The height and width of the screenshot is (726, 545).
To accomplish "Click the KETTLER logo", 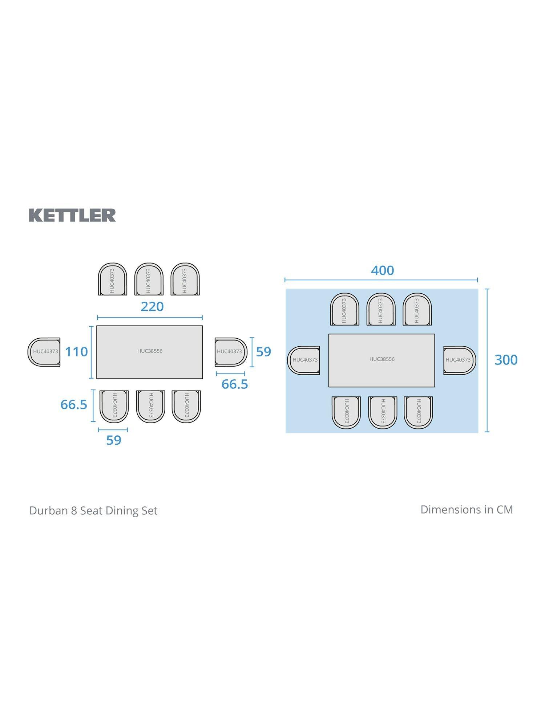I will (x=72, y=215).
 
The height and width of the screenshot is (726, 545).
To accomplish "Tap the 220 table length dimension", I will (x=152, y=307).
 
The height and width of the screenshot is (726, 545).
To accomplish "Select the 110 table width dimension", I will (x=76, y=351).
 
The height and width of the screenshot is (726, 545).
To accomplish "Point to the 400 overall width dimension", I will (x=382, y=270).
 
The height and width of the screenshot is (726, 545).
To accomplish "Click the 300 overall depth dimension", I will (x=506, y=360).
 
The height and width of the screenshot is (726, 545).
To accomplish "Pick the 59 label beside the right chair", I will (x=263, y=352).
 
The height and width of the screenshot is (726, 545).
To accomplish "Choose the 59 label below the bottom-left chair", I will (x=113, y=440).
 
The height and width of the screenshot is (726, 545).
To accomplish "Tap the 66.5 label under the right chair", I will (x=235, y=384).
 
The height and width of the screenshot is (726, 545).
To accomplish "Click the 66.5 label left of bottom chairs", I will (x=74, y=404).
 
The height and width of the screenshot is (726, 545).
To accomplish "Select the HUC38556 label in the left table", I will (x=150, y=351).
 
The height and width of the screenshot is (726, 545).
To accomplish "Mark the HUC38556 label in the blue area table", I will (x=382, y=359).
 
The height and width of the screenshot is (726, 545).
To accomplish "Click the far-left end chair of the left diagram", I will (x=44, y=352).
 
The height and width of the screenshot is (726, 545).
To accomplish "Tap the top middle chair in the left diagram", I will (x=149, y=280).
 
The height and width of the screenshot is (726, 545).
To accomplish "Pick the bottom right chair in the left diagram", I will (x=186, y=406).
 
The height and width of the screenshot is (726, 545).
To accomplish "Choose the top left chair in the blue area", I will (x=344, y=310).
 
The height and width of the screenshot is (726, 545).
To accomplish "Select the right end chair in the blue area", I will (x=459, y=360).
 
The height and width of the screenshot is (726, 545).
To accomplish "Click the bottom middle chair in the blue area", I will (x=382, y=412).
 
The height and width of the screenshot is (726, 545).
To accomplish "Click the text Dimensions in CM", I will (x=467, y=510).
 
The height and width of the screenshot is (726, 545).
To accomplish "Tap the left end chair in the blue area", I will (x=304, y=360).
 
